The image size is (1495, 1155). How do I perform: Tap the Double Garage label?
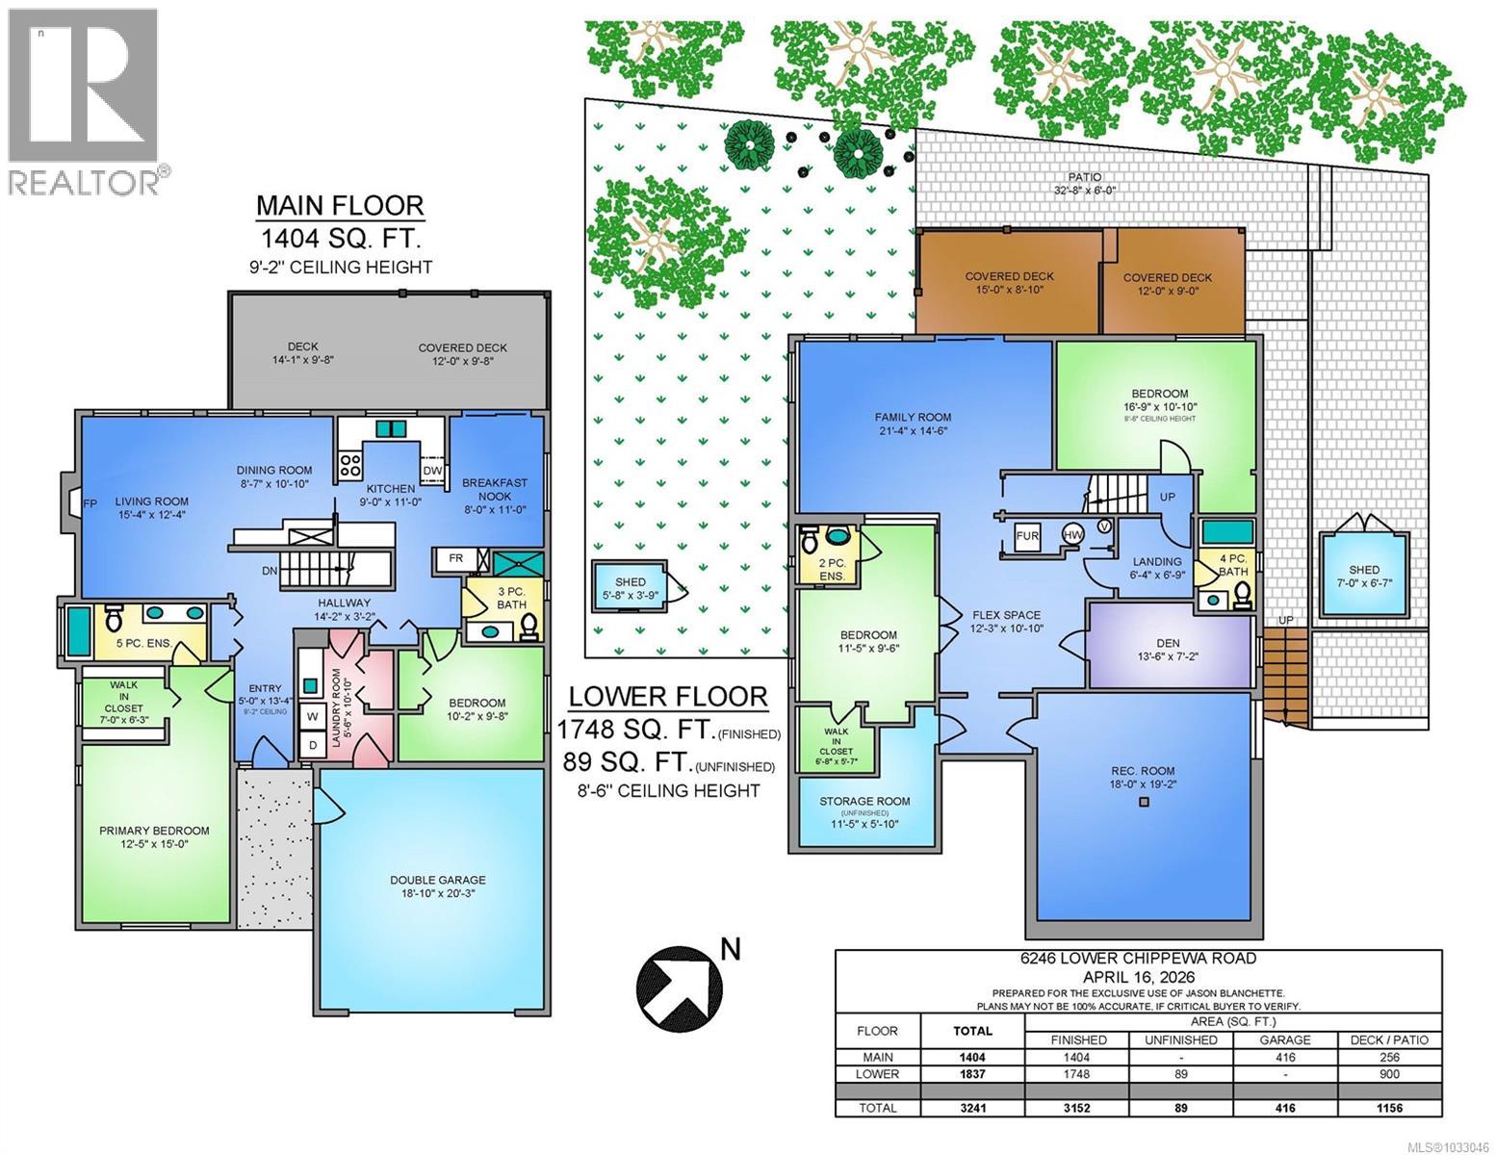437,880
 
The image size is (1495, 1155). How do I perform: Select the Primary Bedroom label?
154,831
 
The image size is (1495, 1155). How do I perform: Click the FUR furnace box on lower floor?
1027,536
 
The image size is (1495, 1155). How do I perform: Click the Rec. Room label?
1143,771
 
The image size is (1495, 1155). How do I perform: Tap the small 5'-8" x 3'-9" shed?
631,588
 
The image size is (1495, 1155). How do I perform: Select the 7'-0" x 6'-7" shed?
1363,576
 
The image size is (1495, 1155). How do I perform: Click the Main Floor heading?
339,205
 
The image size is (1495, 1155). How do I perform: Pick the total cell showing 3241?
972,1108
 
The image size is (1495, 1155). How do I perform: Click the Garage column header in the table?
1285,1039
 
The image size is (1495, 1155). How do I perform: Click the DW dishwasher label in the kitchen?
432,470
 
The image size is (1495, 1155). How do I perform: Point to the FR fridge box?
456,558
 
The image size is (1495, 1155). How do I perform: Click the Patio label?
1084,177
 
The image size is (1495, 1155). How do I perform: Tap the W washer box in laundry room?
312,716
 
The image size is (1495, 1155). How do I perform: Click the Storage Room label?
864,801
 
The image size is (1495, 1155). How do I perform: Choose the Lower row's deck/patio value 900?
1388,1074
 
